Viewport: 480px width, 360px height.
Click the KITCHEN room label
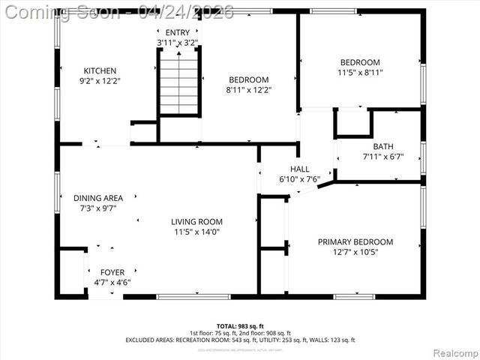100,70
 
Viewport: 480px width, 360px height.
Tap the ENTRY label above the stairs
178,33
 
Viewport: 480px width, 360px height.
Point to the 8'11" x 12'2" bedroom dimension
248,90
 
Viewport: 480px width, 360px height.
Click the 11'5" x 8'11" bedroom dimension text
360,73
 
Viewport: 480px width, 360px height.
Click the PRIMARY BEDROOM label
355,242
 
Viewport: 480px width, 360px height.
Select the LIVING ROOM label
196,222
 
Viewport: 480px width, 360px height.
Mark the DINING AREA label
98,198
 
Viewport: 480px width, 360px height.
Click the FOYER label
112,273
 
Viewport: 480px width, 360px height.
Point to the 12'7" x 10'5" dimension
355,253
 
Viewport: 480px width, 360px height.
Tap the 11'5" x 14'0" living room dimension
196,232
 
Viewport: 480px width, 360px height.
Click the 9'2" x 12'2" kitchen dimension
100,80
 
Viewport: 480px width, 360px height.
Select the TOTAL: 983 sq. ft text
240,325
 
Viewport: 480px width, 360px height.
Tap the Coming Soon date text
120,11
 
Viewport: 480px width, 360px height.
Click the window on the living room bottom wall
193,297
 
